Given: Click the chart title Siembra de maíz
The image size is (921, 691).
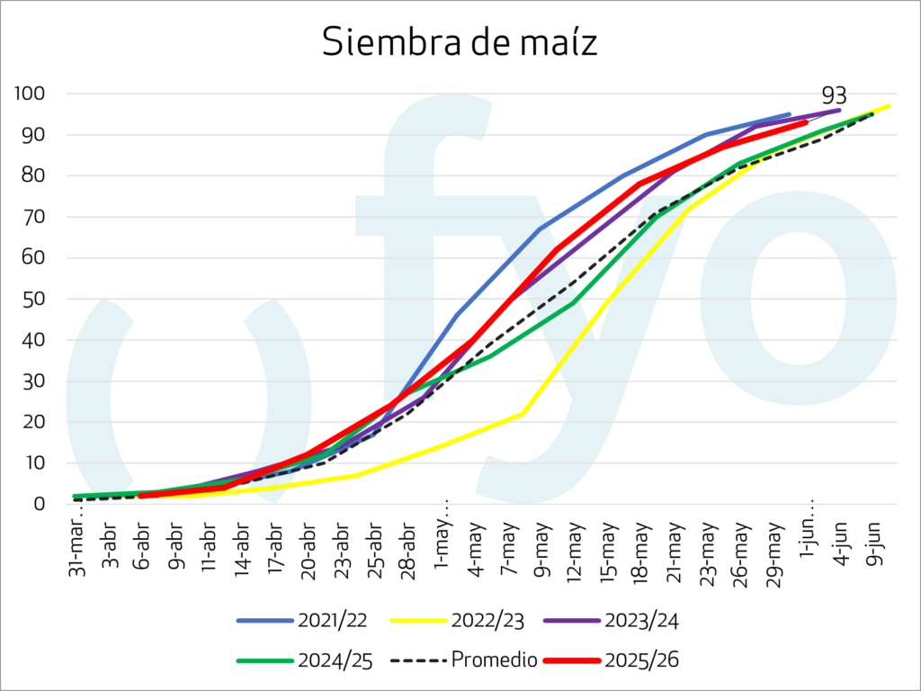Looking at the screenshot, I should pos(460,42).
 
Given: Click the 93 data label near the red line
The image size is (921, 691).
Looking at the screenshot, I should pos(834,96).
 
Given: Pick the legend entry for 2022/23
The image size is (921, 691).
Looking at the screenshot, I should pos(456,620).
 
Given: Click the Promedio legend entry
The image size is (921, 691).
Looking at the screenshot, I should pos(465,660).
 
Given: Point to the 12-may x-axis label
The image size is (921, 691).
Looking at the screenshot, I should pos(575,543).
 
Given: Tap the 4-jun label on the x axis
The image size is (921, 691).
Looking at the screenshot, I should pos(841,541).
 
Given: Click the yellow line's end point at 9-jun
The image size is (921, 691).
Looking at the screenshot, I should pos(889,106).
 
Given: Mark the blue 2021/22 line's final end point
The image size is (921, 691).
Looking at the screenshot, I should pos(789,114).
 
